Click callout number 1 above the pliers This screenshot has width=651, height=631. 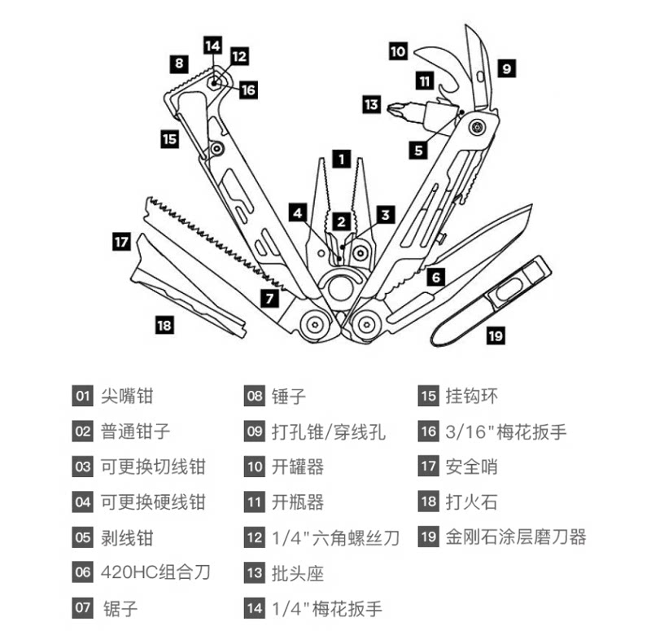(x=343, y=159)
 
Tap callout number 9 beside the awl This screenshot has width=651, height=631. (x=506, y=69)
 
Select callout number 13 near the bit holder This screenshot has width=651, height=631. (x=372, y=104)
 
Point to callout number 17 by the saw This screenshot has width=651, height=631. (x=121, y=242)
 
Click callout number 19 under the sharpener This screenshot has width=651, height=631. (x=496, y=332)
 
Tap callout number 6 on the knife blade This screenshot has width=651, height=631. (x=436, y=277)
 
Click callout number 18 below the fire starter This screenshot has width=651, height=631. (x=164, y=325)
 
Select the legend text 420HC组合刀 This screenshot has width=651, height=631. (x=155, y=572)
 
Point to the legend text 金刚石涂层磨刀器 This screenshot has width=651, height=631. (x=516, y=537)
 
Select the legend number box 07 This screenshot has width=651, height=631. (x=83, y=607)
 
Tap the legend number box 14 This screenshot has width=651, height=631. (x=255, y=607)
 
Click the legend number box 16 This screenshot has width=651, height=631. (x=429, y=432)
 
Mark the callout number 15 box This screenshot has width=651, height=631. (x=169, y=138)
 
